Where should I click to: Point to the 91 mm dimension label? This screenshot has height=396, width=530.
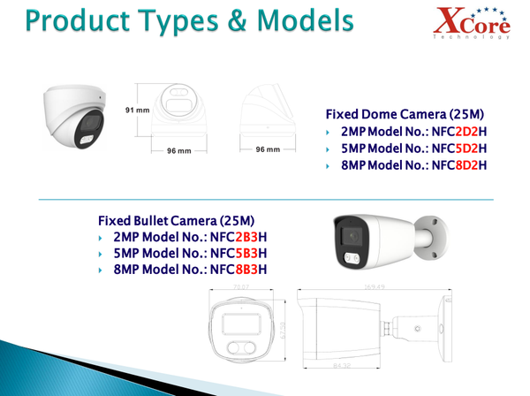[137, 110]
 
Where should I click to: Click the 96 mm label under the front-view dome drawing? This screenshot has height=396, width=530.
[179, 150]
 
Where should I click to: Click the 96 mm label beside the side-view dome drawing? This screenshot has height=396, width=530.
[267, 149]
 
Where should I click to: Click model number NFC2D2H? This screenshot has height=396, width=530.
[457, 132]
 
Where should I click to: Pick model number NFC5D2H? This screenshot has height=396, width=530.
[457, 148]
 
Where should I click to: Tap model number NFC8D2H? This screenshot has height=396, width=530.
[457, 164]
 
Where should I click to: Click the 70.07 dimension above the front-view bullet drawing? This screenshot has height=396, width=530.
[240, 287]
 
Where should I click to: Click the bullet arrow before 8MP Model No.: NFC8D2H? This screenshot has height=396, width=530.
[329, 165]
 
